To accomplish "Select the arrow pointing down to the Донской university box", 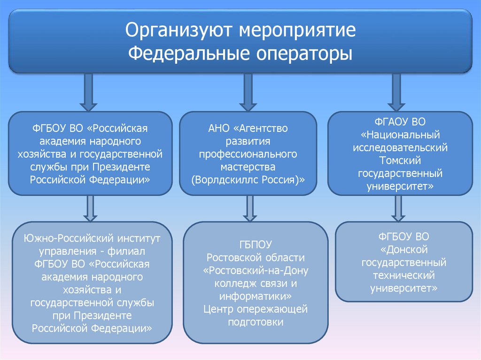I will tap(398, 207).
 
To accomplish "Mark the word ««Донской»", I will tap(403, 249).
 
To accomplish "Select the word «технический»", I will tap(403, 275).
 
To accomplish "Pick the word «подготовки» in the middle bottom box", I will tap(256, 322).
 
